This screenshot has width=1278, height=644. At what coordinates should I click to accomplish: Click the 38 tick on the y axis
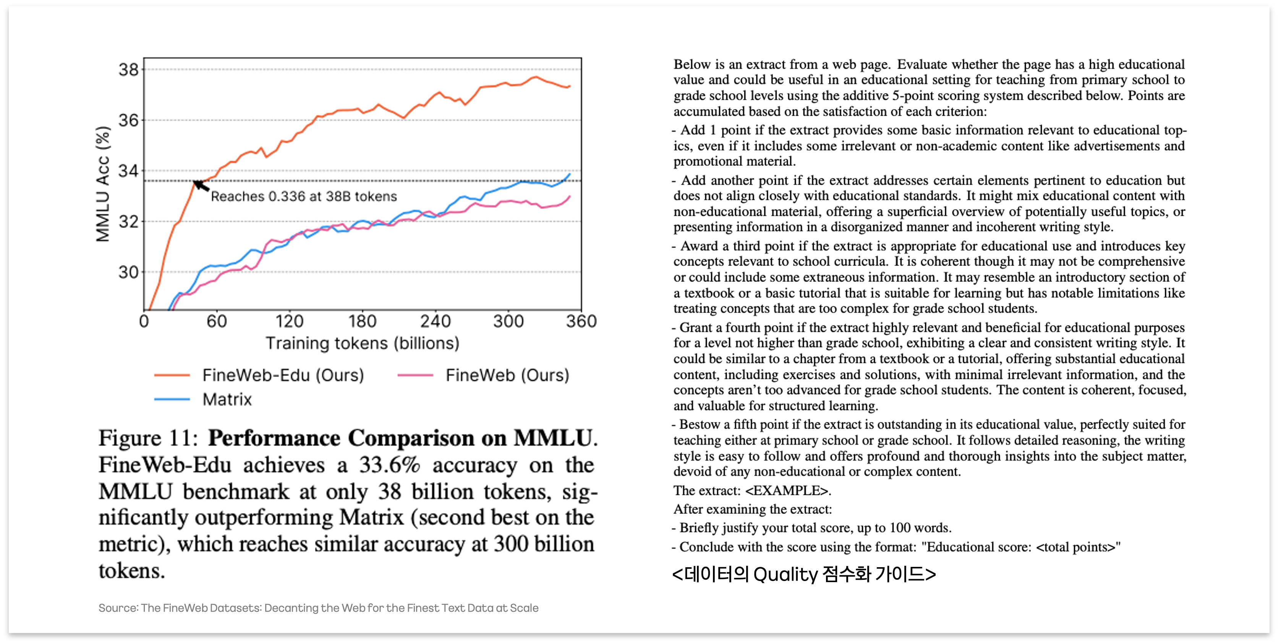click(x=128, y=70)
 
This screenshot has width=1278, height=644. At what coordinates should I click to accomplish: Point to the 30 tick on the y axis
click(x=128, y=272)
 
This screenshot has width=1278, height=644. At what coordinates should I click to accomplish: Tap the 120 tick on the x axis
click(x=289, y=322)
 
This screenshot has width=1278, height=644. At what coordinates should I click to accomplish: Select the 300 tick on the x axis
click(x=509, y=322)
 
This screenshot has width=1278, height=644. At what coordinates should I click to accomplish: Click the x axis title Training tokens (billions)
click(x=363, y=343)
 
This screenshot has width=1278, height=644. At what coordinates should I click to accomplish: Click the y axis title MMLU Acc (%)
click(x=103, y=184)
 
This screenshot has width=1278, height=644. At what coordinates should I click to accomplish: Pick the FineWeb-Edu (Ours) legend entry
click(x=259, y=375)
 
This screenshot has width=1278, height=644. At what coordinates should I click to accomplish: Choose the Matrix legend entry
click(x=203, y=400)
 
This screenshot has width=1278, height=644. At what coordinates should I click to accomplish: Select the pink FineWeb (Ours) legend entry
click(x=484, y=375)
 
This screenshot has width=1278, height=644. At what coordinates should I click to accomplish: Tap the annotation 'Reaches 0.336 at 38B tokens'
click(x=304, y=196)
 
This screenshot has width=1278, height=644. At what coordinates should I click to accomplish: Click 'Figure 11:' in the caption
click(x=148, y=438)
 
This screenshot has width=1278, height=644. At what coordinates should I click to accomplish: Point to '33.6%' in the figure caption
click(x=389, y=465)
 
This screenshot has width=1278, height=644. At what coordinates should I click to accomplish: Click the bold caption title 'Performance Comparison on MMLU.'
click(x=403, y=438)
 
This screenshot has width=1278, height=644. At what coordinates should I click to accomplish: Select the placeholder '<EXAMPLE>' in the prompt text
click(x=787, y=491)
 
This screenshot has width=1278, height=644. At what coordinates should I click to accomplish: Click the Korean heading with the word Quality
click(x=804, y=574)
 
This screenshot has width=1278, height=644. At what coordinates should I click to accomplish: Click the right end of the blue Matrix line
click(x=570, y=174)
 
